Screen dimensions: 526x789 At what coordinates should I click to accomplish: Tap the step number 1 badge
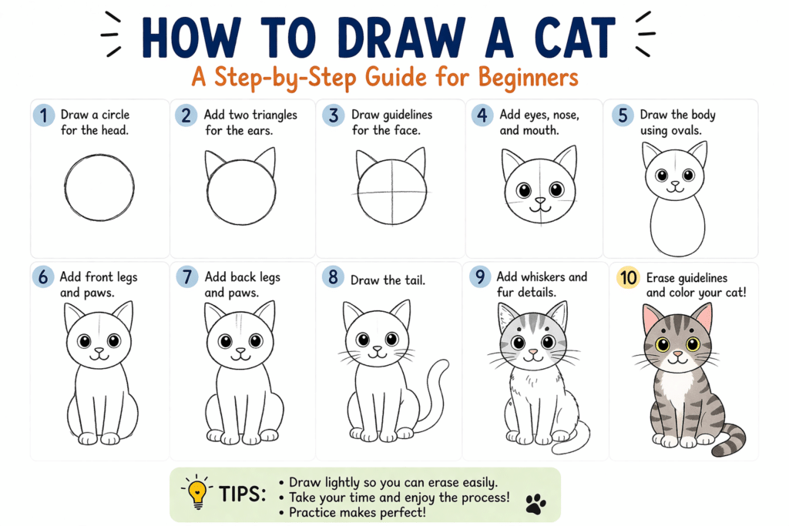(44, 116)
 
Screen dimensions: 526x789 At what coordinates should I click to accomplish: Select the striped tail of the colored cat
(731, 440)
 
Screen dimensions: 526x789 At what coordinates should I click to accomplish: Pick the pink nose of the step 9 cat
(532, 351)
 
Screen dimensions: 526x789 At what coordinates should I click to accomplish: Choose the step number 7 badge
(187, 277)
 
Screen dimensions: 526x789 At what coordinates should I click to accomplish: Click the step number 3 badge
(333, 116)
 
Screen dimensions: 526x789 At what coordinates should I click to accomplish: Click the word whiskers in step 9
(549, 277)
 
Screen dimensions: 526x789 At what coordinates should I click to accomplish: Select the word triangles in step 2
(268, 115)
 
